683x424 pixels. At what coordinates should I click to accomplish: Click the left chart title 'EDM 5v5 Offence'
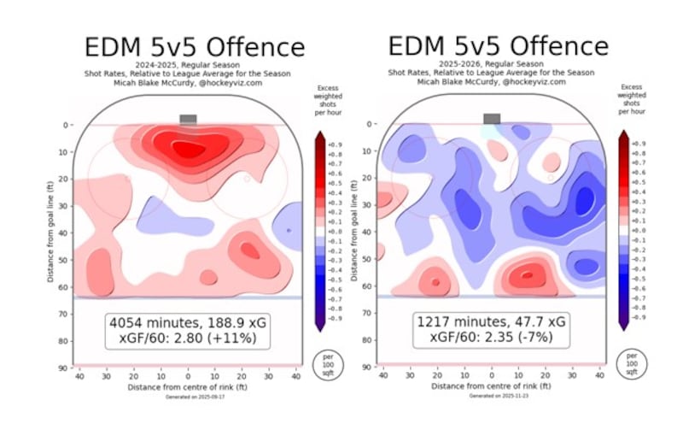point(193,46)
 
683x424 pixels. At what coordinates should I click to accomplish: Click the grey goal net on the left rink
point(188,120)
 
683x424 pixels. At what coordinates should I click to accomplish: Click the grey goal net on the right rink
point(492,119)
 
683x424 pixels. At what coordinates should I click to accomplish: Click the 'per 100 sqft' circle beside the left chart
point(330,363)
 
